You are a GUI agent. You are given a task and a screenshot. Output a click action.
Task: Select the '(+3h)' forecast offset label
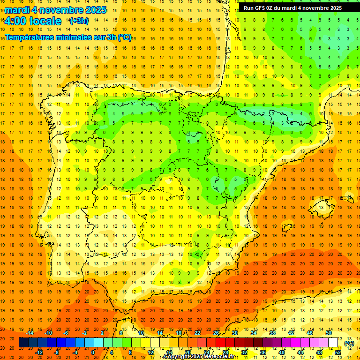(x=78, y=21)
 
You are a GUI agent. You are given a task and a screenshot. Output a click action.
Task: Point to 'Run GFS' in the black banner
(x=257, y=8)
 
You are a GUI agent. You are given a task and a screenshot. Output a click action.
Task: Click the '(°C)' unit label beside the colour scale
(x=349, y=343)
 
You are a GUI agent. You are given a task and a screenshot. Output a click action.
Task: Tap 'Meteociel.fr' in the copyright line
(x=219, y=357)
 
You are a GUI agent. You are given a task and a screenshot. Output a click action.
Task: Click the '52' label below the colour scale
(x=338, y=352)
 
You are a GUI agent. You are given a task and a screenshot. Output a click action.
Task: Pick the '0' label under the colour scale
(x=92, y=352)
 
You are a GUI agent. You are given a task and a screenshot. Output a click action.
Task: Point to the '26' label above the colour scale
(x=216, y=333)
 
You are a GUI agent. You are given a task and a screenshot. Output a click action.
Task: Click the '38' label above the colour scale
(x=272, y=333)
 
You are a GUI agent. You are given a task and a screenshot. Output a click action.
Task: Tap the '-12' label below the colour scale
(x=39, y=352)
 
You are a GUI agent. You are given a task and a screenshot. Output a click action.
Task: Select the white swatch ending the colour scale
(x=333, y=343)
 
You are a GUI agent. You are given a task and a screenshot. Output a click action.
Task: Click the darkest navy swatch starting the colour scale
(x=23, y=343)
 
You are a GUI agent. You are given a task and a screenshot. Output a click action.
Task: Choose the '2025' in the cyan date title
(x=93, y=10)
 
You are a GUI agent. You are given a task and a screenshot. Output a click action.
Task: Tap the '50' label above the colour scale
(x=329, y=333)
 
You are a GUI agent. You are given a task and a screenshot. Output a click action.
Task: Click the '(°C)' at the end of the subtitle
(x=124, y=37)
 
